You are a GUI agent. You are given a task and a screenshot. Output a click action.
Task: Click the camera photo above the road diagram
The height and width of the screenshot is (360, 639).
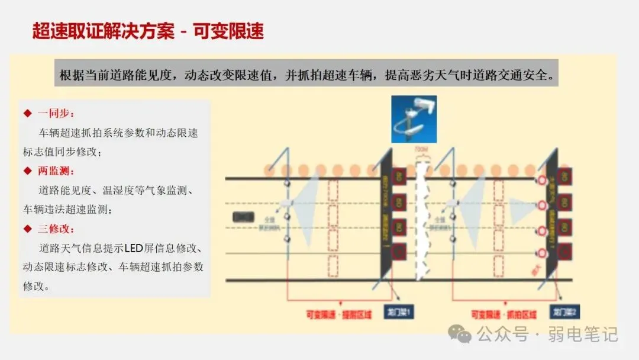click(414, 119)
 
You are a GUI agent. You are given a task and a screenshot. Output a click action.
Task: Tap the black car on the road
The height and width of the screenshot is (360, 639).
click(243, 217)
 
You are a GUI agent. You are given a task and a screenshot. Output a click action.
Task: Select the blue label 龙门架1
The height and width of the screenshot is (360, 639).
click(401, 311)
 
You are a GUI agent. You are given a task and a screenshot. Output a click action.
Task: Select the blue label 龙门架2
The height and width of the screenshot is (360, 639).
click(563, 311)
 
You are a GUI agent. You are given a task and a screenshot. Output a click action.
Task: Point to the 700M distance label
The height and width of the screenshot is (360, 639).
click(421, 148)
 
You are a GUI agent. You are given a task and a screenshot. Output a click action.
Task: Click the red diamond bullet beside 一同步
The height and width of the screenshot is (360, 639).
click(27, 114)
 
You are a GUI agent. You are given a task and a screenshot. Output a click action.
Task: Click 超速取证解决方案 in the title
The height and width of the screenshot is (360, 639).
click(103, 31)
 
